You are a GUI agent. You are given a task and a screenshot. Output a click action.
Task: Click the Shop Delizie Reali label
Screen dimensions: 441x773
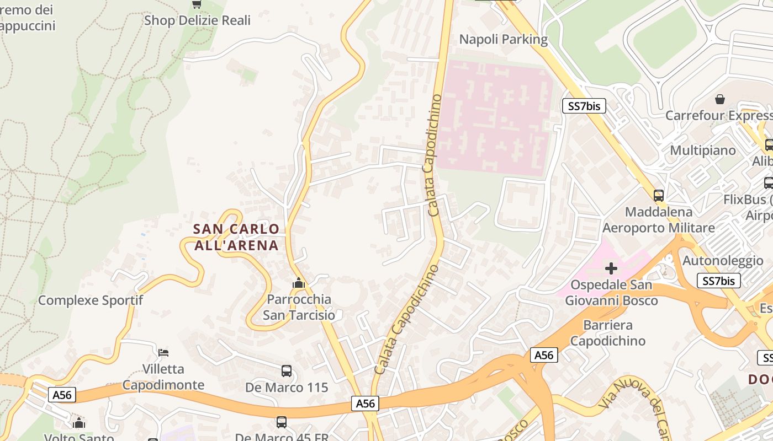click(x=197, y=20)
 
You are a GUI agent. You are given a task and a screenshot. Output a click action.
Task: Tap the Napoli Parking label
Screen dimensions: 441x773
click(x=504, y=39)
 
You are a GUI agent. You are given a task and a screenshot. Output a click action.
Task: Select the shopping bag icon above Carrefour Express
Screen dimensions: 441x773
click(x=719, y=99)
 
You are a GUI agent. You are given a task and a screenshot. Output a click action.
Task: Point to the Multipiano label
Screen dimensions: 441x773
click(x=703, y=150)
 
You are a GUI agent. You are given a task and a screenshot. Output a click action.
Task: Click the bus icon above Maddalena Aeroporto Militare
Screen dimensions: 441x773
click(x=658, y=195)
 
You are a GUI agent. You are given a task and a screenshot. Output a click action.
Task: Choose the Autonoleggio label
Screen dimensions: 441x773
click(x=723, y=261)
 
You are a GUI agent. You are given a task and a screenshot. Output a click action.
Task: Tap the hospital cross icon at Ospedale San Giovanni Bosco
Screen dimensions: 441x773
click(x=611, y=268)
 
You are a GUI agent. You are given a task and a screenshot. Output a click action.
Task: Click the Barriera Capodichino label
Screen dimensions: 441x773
click(x=607, y=333)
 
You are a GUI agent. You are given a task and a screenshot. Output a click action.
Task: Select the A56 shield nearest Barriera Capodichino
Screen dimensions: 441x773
click(x=544, y=356)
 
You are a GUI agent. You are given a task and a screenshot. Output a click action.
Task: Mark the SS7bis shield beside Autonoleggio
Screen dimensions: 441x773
click(x=718, y=281)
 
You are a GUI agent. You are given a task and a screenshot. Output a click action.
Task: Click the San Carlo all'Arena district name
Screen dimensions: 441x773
click(x=236, y=237)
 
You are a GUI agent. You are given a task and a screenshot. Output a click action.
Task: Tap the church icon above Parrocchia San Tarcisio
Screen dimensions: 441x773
click(x=298, y=283)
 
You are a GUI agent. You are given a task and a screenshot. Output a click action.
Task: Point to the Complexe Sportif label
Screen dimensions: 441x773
click(x=91, y=300)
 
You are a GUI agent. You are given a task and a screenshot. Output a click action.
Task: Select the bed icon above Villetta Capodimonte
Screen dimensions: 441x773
click(x=163, y=352)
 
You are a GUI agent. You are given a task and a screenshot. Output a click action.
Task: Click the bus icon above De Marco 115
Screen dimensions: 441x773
click(x=286, y=371)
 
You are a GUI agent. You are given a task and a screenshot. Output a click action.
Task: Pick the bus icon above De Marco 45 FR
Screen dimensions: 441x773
click(x=282, y=422)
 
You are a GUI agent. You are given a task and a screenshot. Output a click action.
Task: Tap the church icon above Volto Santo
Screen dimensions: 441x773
click(x=79, y=423)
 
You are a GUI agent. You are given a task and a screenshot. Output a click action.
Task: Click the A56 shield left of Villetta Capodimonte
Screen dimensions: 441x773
click(x=62, y=395)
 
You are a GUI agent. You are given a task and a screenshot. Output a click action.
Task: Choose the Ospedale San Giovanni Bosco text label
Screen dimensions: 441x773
click(x=611, y=293)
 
